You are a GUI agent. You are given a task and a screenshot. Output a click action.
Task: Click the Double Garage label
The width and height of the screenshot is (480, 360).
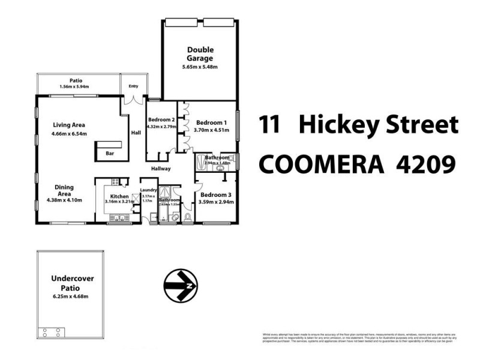pos(200,54)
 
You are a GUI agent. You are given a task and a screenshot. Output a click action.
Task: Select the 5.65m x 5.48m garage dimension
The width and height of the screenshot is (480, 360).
pos(200,67)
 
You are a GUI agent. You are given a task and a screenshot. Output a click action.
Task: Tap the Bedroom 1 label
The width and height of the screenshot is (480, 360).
pos(212,122)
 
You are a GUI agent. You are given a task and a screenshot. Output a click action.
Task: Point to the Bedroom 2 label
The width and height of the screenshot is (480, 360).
pos(161,120)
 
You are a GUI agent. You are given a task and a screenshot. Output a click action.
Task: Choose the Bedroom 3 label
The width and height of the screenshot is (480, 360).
pos(215,194)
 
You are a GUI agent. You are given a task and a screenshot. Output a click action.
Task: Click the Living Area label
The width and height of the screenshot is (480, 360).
pos(69,125)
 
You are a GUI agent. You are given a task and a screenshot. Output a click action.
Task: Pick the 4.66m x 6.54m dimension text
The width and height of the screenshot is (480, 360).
pos(69,134)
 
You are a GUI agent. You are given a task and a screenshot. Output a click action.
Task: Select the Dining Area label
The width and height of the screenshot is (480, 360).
pos(64,190)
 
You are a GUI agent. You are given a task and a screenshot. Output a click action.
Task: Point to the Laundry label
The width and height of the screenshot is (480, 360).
pos(148,191)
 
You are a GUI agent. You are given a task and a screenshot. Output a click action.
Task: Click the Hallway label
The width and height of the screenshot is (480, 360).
pos(161,169)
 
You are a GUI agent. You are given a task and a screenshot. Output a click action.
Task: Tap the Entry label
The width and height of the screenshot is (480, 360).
pos(133,86)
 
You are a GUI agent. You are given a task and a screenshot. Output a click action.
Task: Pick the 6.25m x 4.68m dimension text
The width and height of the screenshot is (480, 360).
pos(71,296)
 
